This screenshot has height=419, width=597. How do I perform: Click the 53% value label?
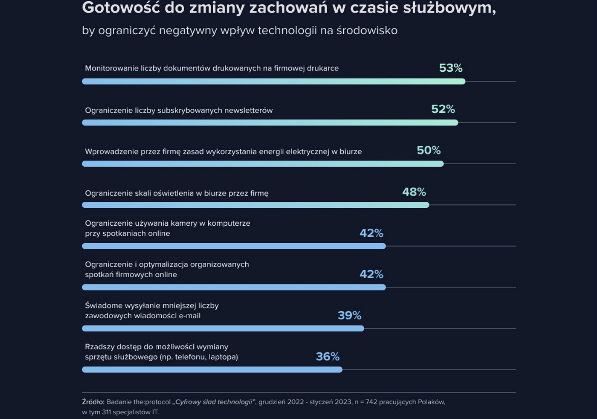pos(451,68)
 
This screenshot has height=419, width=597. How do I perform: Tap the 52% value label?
pos(443,109)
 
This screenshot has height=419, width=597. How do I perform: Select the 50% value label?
pos(428,150)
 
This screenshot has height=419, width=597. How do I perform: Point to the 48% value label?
pos(414,192)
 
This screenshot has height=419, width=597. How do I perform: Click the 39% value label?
pos(349,315)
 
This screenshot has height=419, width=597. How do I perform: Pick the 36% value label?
pos(328,356)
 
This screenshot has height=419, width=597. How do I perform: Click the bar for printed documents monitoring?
pos(274,81)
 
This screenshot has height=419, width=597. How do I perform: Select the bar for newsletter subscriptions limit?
pos(270,122)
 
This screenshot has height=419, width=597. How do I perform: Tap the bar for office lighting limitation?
pos(256,205)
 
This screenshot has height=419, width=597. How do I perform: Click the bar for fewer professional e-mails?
pos(223,328)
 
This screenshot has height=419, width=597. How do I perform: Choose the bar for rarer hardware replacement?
pos(212,369)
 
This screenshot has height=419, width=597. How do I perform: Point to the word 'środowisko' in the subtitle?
pos(367,31)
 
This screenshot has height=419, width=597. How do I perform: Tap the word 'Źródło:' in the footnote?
pos(93,402)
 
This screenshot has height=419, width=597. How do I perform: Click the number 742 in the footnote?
pos(371,402)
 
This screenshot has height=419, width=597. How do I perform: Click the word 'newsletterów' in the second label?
pos(248,111)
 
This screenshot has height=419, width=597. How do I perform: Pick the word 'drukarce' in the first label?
pos(323,68)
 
